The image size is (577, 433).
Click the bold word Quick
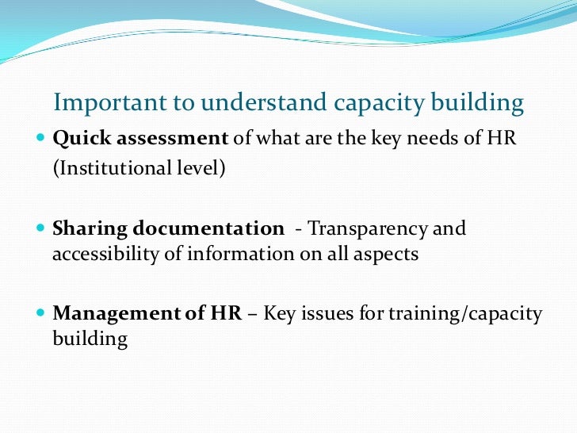click(x=81, y=138)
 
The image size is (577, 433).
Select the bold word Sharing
click(x=89, y=229)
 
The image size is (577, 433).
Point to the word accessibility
click(x=101, y=254)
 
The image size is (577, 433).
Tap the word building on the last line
click(x=90, y=339)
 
